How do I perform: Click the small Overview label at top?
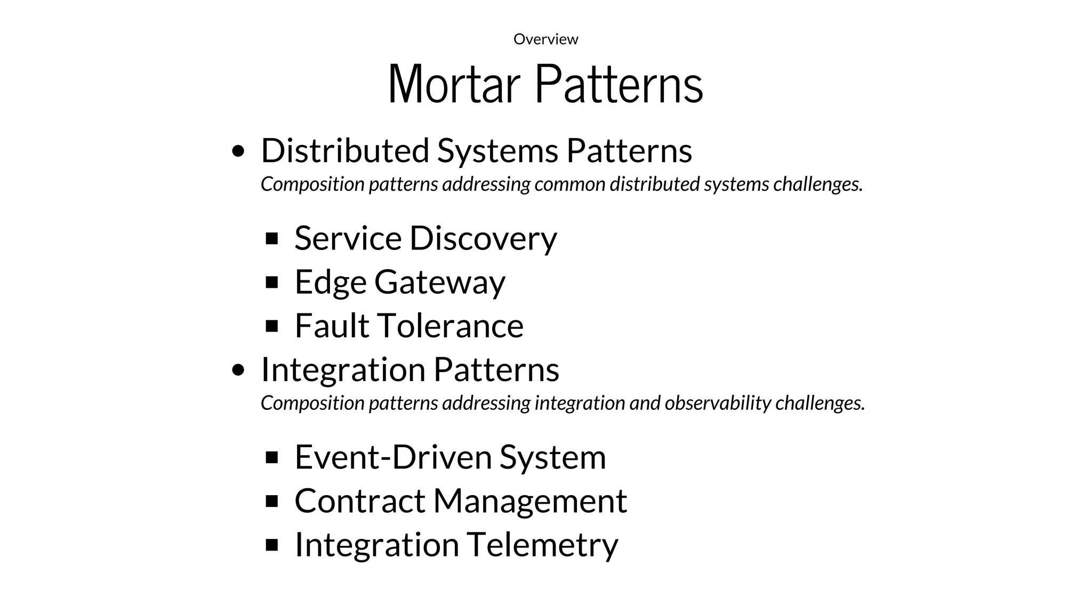tap(545, 39)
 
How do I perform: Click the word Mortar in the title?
tap(454, 84)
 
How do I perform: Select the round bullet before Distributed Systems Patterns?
tap(239, 151)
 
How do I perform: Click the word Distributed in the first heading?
tap(345, 150)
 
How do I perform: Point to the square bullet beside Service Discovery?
tap(272, 238)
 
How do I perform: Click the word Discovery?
tap(483, 238)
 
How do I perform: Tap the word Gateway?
tap(439, 282)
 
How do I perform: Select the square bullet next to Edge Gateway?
tap(272, 282)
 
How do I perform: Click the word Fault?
tap(332, 326)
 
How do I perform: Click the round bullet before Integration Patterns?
tap(239, 370)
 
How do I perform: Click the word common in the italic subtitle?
tap(569, 184)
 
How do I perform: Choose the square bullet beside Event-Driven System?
tap(272, 457)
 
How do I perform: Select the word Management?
tap(530, 501)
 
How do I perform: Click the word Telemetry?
tap(542, 545)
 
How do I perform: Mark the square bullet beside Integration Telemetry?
tap(272, 545)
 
